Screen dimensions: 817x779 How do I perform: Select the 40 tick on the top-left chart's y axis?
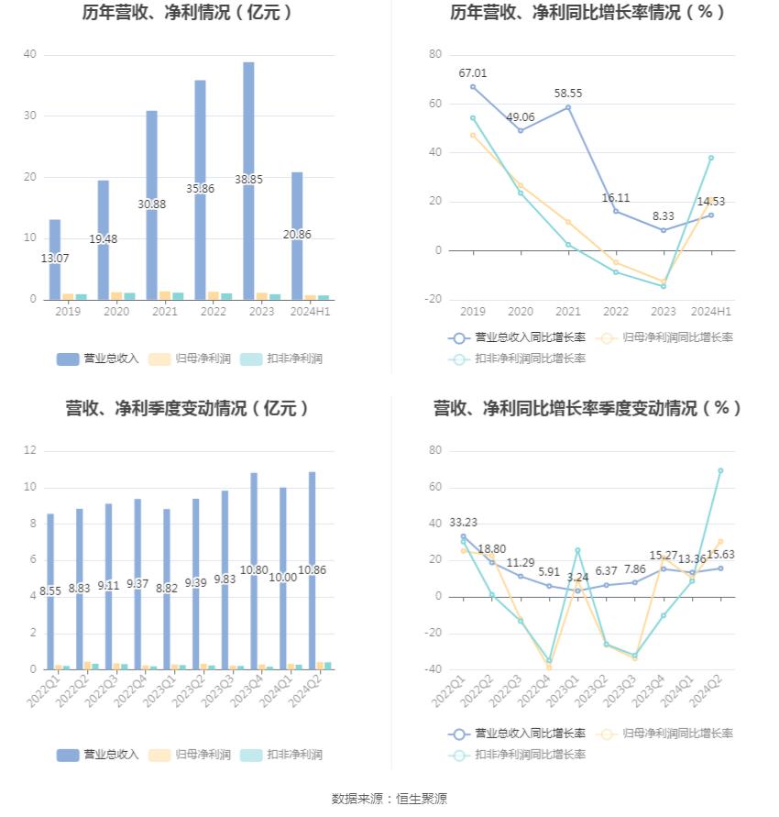coord(30,55)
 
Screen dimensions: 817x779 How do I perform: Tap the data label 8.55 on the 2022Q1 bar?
coord(50,592)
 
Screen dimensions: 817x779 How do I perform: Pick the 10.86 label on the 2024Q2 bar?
coord(313,570)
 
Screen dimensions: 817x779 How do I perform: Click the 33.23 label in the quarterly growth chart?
coord(463,523)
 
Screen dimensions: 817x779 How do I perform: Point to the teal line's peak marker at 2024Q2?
coord(720,470)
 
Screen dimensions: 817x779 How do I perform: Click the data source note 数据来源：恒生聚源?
coord(389,799)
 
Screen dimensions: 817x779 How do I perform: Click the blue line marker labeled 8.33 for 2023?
coord(664,230)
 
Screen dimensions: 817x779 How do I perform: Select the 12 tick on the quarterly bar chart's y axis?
coord(30,451)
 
